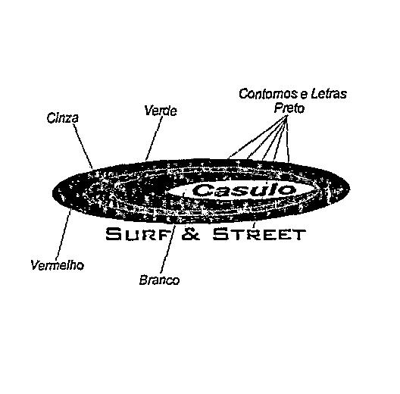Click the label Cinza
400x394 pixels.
(62, 118)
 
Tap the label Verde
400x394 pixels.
(161, 111)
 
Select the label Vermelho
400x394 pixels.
(57, 265)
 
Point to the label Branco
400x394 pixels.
(159, 280)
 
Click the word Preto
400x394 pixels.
(289, 108)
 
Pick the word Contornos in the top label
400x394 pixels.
(268, 94)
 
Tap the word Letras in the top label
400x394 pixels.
(329, 94)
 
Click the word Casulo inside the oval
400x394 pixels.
(244, 190)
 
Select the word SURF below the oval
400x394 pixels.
(138, 234)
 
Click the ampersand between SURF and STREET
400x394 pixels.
(191, 234)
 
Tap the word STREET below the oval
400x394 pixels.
(259, 234)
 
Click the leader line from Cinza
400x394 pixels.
(83, 146)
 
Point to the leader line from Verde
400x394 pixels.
(154, 139)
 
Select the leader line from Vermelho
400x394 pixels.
(64, 234)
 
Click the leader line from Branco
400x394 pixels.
(168, 249)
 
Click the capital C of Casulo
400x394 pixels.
(202, 190)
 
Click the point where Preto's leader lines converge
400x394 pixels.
(286, 117)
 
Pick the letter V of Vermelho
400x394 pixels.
(35, 265)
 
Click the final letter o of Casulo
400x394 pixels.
(289, 190)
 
